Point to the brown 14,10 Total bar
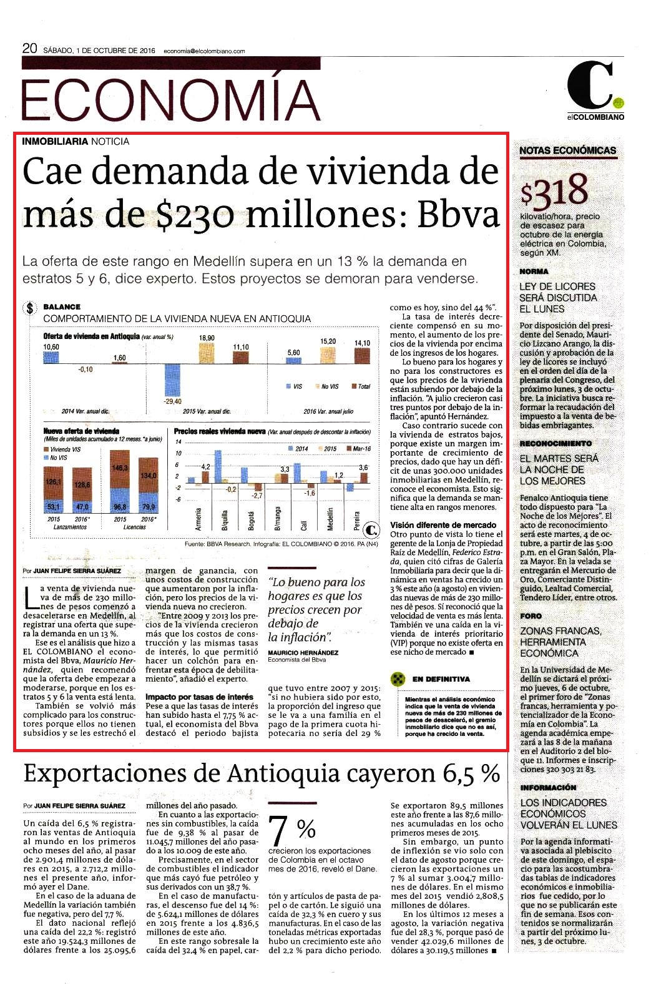point(363,356)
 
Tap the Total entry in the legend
point(361,386)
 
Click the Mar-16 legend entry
point(359,449)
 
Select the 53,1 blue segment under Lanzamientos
point(53,506)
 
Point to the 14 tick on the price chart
point(179,441)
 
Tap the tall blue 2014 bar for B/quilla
point(218,466)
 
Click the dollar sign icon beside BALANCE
point(30,308)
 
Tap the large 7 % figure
point(291,831)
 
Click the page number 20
point(29,49)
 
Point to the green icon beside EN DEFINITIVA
point(398,679)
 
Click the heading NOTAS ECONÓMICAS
point(567,150)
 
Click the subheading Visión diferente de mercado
point(443,525)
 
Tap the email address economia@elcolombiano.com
point(204,51)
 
